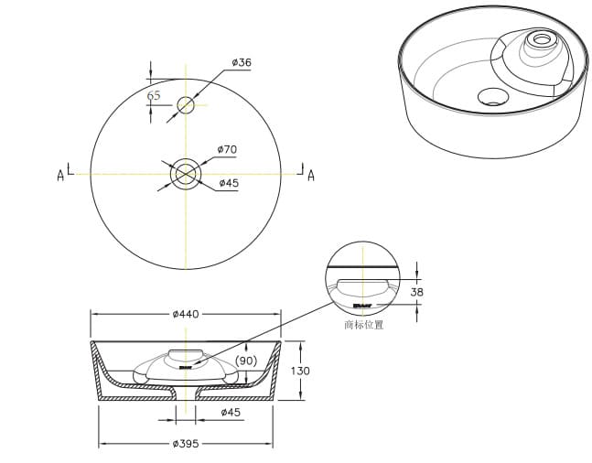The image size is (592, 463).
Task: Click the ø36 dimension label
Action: (x=242, y=62)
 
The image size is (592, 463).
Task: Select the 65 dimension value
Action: (x=154, y=96)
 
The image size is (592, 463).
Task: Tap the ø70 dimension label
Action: (x=227, y=149)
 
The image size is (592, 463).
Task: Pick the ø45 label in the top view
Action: (x=229, y=183)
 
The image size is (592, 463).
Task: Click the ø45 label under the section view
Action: (x=231, y=413)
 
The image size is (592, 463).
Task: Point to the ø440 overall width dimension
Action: (x=185, y=314)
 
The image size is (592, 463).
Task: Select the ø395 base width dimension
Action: (x=186, y=444)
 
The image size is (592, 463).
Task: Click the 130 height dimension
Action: (x=299, y=371)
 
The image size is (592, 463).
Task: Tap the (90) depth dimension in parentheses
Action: (x=247, y=361)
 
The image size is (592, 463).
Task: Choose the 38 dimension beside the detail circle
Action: (x=416, y=292)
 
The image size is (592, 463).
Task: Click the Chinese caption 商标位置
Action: (x=363, y=324)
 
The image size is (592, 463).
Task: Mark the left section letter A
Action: (x=60, y=175)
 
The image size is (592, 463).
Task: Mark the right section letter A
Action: (x=310, y=176)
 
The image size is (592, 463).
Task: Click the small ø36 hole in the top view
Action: (x=186, y=104)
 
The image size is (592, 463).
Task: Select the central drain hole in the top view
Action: (x=186, y=172)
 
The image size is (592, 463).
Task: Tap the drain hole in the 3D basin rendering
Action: (x=494, y=95)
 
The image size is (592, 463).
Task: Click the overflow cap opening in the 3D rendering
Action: (x=541, y=39)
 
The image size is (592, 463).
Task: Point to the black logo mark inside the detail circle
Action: (x=362, y=304)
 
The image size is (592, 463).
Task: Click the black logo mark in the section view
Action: (x=186, y=367)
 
